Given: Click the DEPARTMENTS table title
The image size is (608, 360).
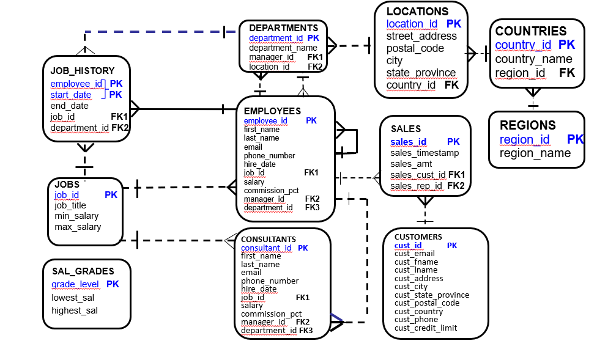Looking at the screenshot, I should click(x=283, y=28).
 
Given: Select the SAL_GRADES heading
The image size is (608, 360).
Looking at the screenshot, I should click(x=83, y=271).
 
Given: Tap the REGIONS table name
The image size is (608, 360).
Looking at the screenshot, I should click(x=527, y=125).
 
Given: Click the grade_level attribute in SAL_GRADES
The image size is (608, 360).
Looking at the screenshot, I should click(x=75, y=284).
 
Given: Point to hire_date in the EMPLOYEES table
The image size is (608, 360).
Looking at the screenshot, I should click(x=259, y=164).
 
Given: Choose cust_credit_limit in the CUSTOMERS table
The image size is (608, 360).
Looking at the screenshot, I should click(x=425, y=328).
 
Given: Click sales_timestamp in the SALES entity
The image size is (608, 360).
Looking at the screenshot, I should click(x=424, y=153).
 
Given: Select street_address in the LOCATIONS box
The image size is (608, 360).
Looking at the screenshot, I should click(x=421, y=36).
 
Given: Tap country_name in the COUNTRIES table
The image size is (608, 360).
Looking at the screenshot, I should click(x=533, y=59).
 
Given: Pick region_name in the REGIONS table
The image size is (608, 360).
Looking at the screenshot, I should click(x=535, y=153).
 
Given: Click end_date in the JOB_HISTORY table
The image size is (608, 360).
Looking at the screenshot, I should click(x=69, y=106).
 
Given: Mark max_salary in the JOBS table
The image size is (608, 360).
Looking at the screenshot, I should click(x=78, y=227).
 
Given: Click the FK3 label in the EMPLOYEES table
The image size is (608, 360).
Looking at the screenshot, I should click(x=312, y=207).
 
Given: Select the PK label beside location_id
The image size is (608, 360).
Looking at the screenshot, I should click(x=453, y=24).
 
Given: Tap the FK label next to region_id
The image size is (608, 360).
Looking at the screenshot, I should click(x=566, y=73).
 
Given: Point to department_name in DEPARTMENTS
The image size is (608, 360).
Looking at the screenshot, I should click(x=283, y=48).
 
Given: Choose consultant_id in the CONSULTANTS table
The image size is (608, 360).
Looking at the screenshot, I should click(x=266, y=248).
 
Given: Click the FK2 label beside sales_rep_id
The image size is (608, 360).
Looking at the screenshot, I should click(x=456, y=186).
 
